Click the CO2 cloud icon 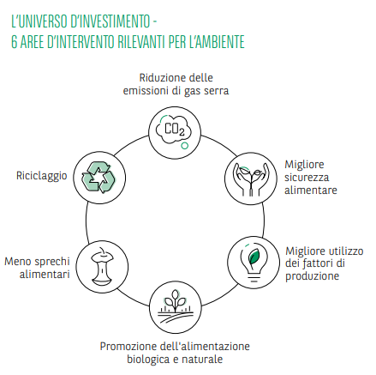pos(174,130)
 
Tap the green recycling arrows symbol pos(98,178)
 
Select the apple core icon pos(102,267)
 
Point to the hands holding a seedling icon pos(251,179)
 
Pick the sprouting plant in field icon pos(175,306)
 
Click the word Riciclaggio pos(42,176)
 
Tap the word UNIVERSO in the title pos(44,21)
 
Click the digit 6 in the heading pos(15,42)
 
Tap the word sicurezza pos(307,178)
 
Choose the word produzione pos(313,276)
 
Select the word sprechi pos(53,262)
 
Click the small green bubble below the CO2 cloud pos(185,146)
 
